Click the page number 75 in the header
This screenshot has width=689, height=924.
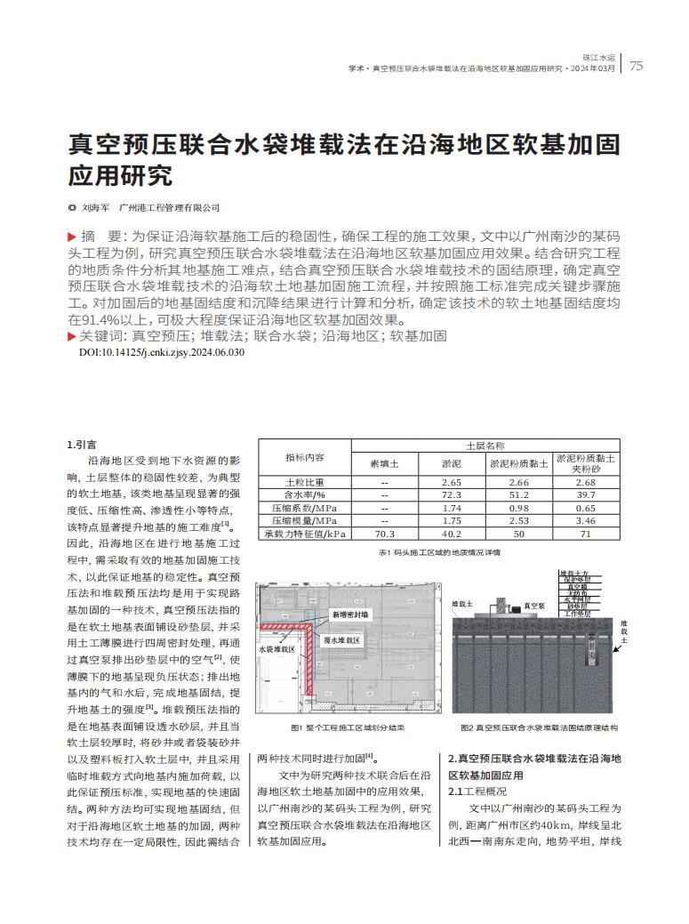pos(636,66)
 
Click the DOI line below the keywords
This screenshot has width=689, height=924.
pos(162,352)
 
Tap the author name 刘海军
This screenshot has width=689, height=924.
pos(94,208)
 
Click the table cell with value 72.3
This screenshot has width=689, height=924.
pos(451,494)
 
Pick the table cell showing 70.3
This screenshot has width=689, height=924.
pos(385,534)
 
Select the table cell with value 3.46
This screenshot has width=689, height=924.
pos(585,520)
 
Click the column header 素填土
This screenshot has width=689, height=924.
pos(385,463)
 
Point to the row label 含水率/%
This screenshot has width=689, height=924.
pos(304,494)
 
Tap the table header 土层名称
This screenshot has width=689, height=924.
pos(485,445)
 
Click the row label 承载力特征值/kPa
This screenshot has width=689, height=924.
pos(304,534)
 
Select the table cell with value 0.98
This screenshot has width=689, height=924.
pos(519,507)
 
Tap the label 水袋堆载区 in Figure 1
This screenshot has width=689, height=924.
pos(276,649)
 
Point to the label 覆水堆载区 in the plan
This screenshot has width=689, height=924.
pos(340,639)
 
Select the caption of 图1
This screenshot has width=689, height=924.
pos(348,727)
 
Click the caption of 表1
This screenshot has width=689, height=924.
pos(439,552)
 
